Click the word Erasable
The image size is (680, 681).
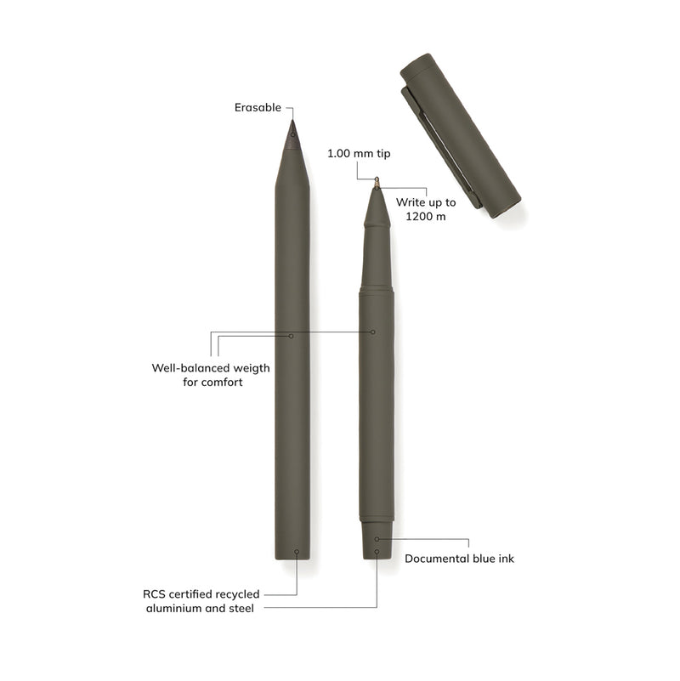(x=258, y=108)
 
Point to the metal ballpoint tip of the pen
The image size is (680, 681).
(x=377, y=182)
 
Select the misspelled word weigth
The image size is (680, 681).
(x=246, y=368)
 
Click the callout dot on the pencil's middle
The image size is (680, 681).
(x=292, y=336)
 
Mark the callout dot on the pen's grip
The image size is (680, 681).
(x=372, y=332)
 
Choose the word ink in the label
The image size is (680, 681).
(x=505, y=559)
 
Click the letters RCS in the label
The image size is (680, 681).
(x=156, y=594)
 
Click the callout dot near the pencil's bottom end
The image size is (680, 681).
(x=297, y=552)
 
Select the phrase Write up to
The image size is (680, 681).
(x=426, y=202)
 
